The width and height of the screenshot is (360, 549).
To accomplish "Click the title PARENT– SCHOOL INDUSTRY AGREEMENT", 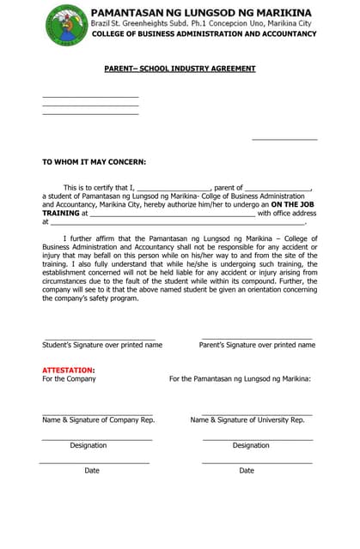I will coord(180,68).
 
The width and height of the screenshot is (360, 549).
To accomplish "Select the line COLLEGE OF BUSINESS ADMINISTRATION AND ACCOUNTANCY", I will coord(203,34).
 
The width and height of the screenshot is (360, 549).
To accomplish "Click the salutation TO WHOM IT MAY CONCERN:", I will coord(94,161).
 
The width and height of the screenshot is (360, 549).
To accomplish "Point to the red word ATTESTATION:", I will coord(69,370).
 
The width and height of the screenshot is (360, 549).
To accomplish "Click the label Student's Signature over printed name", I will coord(102,345).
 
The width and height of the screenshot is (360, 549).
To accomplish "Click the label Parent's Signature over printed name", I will coord(257,345).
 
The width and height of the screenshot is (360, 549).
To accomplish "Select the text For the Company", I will coord(69,378).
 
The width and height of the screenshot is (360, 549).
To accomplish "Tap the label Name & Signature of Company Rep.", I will coord(99,420).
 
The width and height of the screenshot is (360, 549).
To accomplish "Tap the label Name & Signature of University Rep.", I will coord(247,420).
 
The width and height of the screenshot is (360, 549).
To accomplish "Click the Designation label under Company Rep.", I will coord(88,445).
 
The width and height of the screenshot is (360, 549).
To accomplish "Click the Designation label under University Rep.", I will coord(251,445).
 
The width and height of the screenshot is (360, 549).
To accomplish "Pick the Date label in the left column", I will coord(92,470).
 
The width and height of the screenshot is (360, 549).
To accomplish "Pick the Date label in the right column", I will coord(247,470).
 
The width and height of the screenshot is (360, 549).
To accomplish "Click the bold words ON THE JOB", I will coord(292,205).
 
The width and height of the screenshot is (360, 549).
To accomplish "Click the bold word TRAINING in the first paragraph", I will coord(61,214).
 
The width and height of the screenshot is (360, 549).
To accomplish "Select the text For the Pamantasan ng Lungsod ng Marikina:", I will coord(240,378).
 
